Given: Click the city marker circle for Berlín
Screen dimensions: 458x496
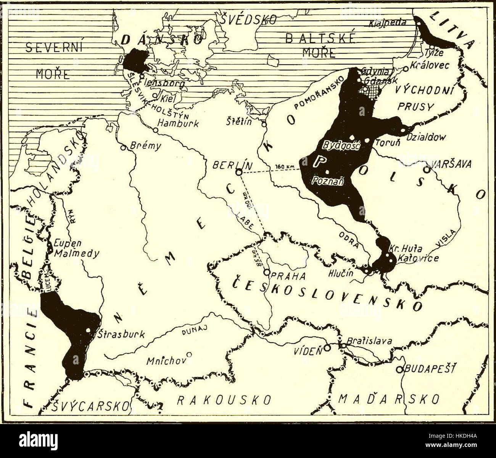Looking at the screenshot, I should tap(238, 172).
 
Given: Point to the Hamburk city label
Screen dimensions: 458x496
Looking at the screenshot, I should tap(178, 123).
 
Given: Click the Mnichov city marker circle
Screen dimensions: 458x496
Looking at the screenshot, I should tap(188, 354).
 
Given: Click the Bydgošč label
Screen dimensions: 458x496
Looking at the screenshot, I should tap(341, 145).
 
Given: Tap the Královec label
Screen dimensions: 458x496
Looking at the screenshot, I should tap(430, 65).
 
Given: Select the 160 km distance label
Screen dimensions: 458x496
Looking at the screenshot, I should tap(282, 167).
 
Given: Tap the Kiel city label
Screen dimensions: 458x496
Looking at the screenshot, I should tap(168, 98).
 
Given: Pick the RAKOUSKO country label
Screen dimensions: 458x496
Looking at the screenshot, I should tap(224, 400).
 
